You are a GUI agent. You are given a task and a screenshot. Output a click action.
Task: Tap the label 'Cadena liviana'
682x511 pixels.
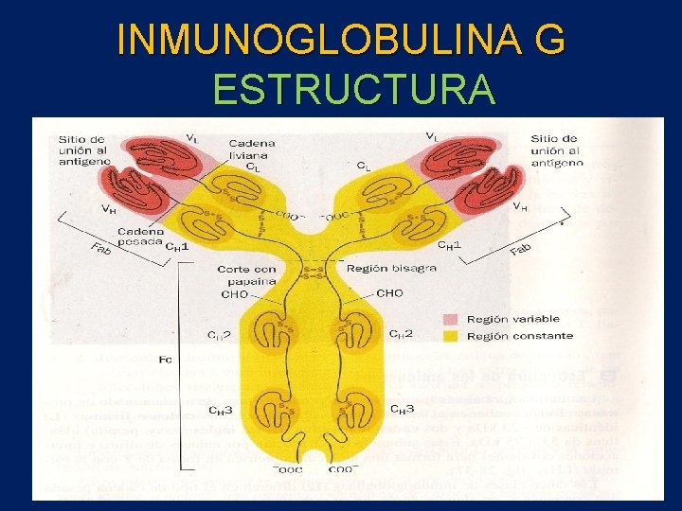tap(248, 150)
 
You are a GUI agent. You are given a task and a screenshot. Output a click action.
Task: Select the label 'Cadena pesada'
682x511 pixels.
tap(139, 236)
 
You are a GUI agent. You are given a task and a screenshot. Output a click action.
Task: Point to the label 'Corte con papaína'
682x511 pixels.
tap(247, 274)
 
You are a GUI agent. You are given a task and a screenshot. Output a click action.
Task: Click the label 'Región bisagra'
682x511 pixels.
tap(391, 268)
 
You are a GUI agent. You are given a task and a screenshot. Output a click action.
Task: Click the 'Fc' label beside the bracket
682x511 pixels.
tap(165, 360)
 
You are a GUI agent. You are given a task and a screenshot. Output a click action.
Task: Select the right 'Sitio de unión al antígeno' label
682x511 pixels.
tap(556, 150)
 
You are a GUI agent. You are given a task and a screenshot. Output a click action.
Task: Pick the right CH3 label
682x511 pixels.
tap(402, 410)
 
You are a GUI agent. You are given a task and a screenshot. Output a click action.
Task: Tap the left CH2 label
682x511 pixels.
tap(219, 335)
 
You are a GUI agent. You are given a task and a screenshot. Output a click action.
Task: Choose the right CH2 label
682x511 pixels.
tap(401, 333)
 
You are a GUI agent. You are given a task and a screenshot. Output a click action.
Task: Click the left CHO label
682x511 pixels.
tap(235, 294)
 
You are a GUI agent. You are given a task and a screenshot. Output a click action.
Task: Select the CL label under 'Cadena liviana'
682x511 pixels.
tap(253, 167)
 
